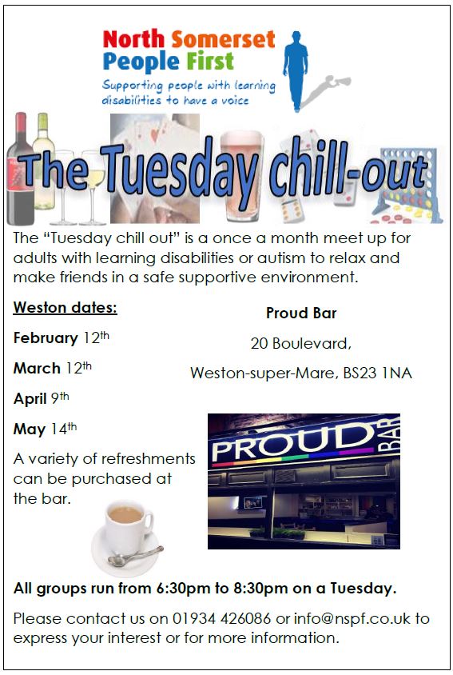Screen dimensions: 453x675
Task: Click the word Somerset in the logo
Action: (x=223, y=39)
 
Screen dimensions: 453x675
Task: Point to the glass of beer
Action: (x=241, y=176)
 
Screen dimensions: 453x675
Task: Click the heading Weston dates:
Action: (x=65, y=307)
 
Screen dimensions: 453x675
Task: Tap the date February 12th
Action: (x=61, y=337)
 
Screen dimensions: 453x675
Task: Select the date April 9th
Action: (x=42, y=398)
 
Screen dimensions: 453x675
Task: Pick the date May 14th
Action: (x=46, y=429)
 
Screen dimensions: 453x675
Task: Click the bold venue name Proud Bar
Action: (x=301, y=313)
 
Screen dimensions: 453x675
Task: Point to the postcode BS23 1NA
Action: (x=377, y=373)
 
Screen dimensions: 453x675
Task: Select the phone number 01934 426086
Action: (x=221, y=618)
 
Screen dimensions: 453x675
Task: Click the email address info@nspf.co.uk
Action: (x=352, y=618)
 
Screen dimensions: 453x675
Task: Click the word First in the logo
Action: (x=210, y=61)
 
